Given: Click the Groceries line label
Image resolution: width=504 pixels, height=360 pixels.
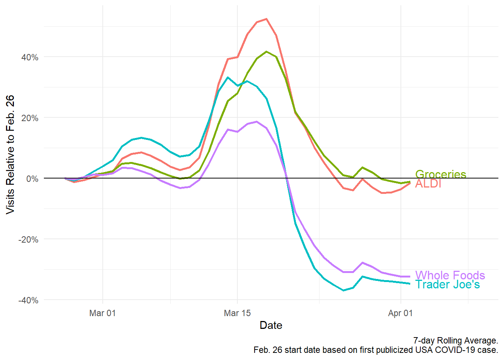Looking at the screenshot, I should pos(441,174).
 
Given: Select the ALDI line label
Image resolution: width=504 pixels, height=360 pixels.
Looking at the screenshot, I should pos(428,184).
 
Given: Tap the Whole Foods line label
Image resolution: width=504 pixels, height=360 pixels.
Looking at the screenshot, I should pos(450,275).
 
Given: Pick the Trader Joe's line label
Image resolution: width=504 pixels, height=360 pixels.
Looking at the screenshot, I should pos(447,285).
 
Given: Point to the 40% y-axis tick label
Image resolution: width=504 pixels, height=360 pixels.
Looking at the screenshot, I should pos(30,57).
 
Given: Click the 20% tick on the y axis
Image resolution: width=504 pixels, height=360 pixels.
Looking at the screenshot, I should pos(30,118).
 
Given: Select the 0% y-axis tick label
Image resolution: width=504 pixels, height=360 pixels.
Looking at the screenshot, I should pos(32,179).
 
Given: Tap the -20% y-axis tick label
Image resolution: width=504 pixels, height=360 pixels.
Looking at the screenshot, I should pos(28,240).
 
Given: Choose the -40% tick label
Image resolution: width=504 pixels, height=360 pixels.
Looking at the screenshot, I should pos(28,300).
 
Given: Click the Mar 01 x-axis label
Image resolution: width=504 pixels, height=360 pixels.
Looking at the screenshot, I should pos(102,313).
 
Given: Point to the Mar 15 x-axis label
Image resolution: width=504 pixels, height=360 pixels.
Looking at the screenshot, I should pos(237,313).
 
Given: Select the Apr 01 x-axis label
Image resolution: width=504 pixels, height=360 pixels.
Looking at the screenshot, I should pos(400,313).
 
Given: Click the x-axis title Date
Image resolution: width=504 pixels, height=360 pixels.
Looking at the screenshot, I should pos(271,325).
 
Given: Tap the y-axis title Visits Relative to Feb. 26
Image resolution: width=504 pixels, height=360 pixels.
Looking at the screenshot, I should pos(10,154).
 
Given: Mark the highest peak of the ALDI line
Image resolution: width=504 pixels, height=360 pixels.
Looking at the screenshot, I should pos(266,19).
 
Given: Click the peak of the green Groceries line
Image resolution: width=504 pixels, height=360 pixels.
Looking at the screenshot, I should pos(266,51).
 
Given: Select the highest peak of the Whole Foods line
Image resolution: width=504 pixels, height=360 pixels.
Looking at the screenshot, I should pos(256,121).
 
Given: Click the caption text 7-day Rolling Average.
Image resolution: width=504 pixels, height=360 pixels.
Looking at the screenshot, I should pos(455,340).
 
